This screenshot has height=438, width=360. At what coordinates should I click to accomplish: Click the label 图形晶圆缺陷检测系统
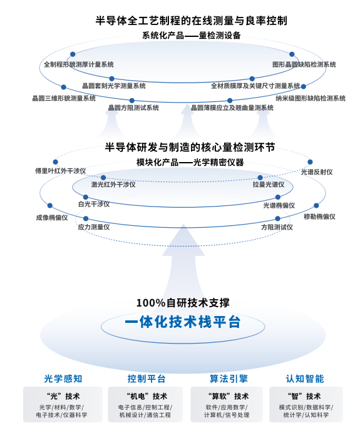[x=304, y=64]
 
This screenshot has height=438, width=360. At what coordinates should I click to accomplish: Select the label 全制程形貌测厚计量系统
[x=79, y=64]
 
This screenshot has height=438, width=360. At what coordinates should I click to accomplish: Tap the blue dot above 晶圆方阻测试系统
[x=131, y=101]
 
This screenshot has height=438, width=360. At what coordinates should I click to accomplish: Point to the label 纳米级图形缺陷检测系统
[x=311, y=98]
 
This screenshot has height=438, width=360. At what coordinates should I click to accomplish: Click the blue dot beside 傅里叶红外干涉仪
[x=55, y=162]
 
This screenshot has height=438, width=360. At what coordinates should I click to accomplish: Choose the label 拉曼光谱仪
[x=269, y=185]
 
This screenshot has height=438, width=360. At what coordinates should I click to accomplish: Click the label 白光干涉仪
[x=94, y=204]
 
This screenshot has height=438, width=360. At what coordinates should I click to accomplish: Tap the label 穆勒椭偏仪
[x=319, y=216]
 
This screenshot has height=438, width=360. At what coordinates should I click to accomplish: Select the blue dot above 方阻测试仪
[x=277, y=219]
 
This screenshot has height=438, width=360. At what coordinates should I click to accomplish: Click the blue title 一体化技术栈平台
[x=183, y=322]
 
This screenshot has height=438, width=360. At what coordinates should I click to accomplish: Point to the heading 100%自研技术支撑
[x=183, y=303]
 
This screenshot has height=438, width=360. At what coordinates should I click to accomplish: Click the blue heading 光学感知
[x=63, y=379]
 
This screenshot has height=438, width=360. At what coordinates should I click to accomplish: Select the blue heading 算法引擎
[x=229, y=379]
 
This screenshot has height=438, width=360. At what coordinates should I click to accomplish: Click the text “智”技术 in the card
[x=304, y=396]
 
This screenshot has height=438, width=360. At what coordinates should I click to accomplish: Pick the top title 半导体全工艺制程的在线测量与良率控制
[x=191, y=21]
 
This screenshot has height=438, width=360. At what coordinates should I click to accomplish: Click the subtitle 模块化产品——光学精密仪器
[x=190, y=162]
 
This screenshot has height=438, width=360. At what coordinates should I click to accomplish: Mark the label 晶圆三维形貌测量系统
[x=64, y=98]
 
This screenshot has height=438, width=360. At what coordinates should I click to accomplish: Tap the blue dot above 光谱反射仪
[x=310, y=162]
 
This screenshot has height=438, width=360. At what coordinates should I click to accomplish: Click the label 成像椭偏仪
[x=52, y=218]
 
